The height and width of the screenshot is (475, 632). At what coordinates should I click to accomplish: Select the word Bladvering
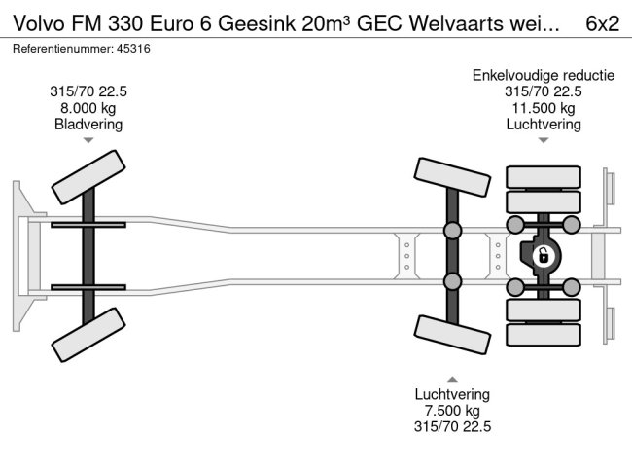click(x=88, y=124)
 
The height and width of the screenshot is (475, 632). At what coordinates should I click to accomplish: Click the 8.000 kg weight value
click(x=88, y=108)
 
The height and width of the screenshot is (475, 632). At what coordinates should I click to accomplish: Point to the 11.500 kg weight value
click(x=544, y=108)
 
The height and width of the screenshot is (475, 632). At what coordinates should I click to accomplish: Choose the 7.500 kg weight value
click(x=452, y=410)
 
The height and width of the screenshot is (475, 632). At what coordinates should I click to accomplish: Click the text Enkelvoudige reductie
click(x=544, y=75)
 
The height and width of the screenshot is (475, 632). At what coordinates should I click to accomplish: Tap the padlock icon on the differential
click(x=543, y=256)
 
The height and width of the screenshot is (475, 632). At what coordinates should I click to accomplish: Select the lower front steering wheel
click(x=89, y=338)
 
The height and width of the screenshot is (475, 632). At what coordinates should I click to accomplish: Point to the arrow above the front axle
click(x=88, y=141)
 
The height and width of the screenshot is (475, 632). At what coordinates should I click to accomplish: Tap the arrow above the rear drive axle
click(x=544, y=141)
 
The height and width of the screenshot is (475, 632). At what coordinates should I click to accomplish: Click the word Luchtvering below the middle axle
click(x=452, y=394)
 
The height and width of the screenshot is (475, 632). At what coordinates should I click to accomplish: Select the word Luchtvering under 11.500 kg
click(x=544, y=124)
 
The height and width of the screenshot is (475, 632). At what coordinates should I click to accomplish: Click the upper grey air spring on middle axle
click(x=453, y=232)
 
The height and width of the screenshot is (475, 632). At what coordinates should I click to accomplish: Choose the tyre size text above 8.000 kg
click(x=88, y=91)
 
